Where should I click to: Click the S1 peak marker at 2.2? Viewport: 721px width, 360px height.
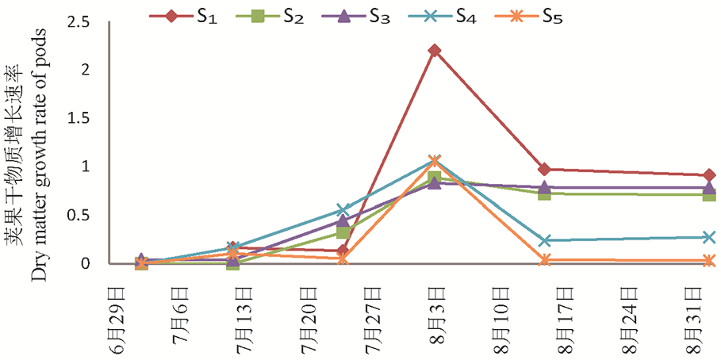pos(434,51)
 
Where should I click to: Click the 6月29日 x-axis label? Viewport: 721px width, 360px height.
pos(118,317)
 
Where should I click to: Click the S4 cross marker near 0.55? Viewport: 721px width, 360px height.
pos(342,210)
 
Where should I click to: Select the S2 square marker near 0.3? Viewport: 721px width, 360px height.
pos(343,232)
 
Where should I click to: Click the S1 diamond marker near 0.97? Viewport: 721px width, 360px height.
pos(544,170)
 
